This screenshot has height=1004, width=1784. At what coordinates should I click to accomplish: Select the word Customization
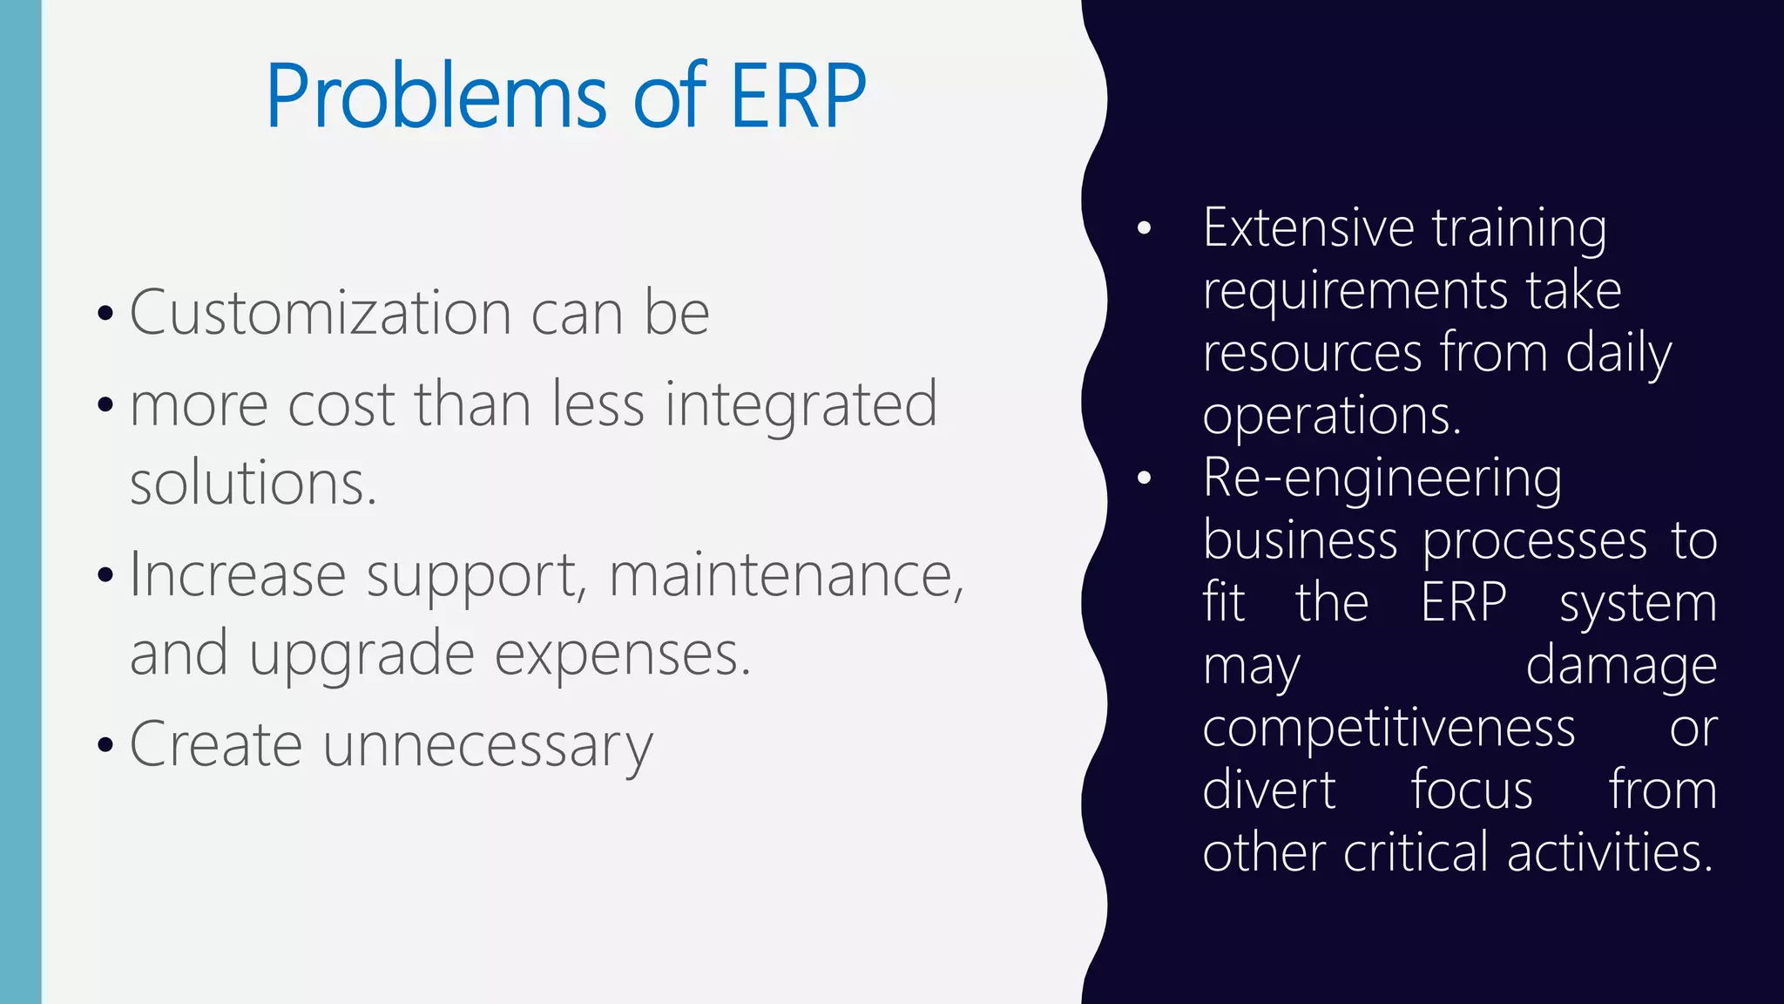point(321,312)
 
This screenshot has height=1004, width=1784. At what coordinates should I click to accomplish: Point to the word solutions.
point(253,483)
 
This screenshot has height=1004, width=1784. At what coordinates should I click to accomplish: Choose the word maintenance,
point(787,575)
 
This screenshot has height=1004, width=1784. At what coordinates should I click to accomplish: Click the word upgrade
point(362,654)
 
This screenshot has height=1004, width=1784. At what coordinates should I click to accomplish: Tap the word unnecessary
point(488,745)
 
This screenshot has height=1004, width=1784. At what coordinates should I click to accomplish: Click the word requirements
point(1355,291)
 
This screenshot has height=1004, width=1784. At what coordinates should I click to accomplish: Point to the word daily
point(1618,354)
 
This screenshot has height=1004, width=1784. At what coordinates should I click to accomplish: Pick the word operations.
point(1331,417)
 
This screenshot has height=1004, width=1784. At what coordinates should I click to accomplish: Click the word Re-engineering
point(1382,478)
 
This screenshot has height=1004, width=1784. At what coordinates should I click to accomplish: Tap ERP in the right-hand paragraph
point(1463,602)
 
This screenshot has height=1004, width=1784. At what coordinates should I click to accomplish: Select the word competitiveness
point(1389,728)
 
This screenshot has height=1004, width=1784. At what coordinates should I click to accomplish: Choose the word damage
point(1621,667)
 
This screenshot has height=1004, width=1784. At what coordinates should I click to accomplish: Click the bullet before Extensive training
point(1145,229)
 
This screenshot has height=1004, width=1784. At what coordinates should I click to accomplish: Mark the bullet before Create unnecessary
point(105,746)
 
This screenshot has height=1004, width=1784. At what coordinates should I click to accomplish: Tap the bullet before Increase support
point(105,576)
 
